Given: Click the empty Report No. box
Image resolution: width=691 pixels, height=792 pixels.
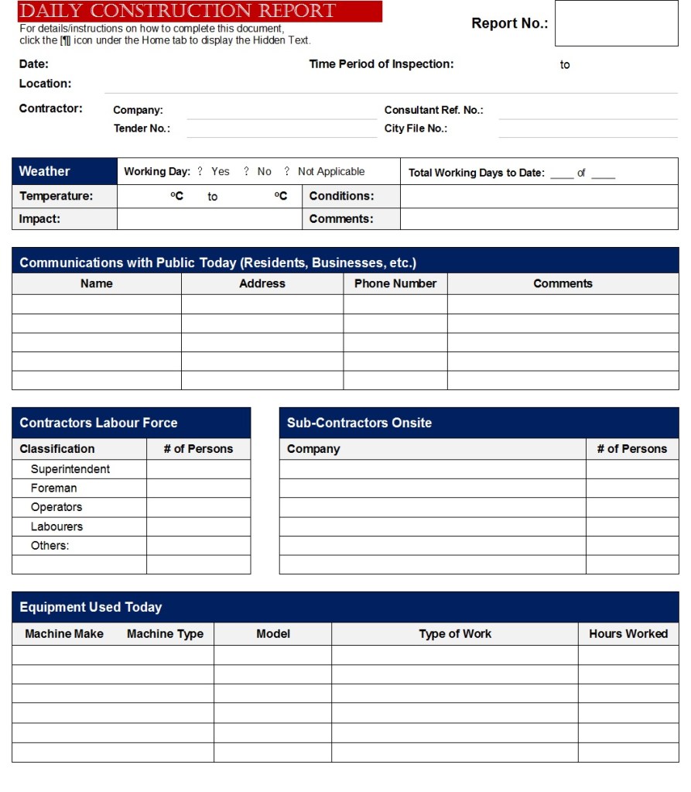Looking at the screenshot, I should click(616, 23).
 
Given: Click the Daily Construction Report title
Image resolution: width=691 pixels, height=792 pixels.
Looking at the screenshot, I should click(177, 11).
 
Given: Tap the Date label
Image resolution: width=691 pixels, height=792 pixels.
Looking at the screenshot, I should click(33, 64).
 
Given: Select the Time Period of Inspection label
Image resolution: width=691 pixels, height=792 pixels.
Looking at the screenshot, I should click(381, 64).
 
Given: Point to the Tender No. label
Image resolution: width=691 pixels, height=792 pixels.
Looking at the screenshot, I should click(142, 129).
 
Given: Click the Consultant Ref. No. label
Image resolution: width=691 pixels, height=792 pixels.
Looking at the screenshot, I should click(433, 110).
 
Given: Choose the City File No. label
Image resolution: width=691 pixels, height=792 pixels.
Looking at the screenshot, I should click(416, 129).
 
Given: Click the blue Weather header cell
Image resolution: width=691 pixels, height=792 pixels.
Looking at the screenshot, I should click(64, 171).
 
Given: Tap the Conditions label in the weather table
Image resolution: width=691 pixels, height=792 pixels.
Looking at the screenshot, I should click(341, 196).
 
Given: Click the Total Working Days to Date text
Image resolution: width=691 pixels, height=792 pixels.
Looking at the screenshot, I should click(476, 173).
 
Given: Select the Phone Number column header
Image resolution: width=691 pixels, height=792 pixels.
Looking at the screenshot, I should click(395, 283).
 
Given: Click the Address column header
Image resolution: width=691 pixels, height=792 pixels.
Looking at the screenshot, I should click(262, 283).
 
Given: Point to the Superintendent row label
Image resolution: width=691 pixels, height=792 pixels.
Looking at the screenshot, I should click(70, 469).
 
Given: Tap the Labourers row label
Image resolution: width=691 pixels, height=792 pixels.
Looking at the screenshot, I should click(56, 526).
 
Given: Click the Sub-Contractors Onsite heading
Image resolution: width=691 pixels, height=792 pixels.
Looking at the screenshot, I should click(359, 423).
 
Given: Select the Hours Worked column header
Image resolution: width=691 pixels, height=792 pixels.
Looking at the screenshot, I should click(628, 633).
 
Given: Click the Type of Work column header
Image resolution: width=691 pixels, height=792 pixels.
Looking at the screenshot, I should click(454, 633).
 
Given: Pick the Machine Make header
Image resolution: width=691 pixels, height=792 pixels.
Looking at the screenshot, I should click(63, 633).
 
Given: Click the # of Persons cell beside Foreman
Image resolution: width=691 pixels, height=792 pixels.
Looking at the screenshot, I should click(198, 489).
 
